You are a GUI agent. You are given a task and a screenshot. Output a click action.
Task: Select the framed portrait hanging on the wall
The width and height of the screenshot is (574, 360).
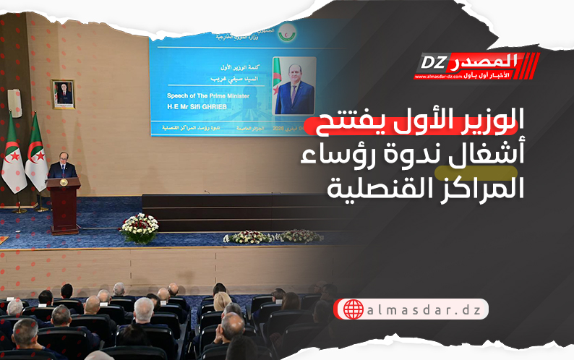click(x=64, y=94)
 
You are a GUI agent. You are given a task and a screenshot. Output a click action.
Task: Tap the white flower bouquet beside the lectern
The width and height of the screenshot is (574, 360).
click(x=139, y=228)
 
